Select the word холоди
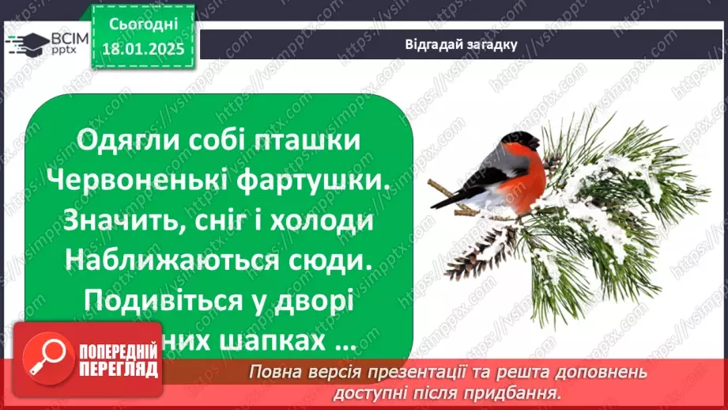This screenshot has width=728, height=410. (325, 222)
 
